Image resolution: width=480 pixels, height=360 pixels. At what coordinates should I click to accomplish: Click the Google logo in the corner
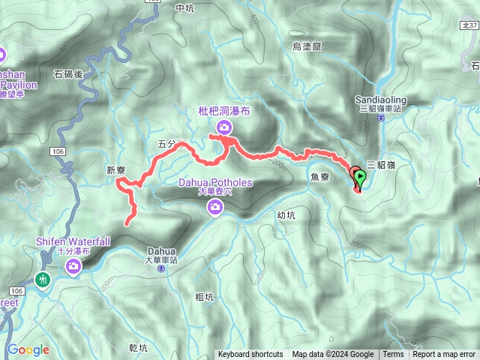tap(28, 349)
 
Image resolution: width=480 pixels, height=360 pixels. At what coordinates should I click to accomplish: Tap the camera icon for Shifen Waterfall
tap(73, 268)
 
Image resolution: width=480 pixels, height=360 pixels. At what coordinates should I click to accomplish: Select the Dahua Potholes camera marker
tap(215, 205)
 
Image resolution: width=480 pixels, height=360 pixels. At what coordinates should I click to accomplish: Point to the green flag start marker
tap(360, 179)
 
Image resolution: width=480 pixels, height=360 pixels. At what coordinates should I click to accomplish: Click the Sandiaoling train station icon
tap(381, 118)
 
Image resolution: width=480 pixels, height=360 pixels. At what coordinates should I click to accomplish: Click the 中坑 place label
tap(184, 8)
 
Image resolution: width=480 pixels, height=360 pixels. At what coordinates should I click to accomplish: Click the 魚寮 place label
tap(319, 177)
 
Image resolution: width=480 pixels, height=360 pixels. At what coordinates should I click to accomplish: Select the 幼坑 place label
tap(287, 215)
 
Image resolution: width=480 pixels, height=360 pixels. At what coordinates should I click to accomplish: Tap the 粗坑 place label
tap(204, 297)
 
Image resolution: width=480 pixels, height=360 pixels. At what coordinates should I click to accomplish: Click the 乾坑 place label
tap(139, 348)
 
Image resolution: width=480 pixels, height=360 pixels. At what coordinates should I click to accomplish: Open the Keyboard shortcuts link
tap(250, 355)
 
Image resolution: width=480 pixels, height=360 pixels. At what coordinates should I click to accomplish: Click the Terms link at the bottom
tap(393, 355)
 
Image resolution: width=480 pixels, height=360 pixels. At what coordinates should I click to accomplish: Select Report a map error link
tap(444, 355)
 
